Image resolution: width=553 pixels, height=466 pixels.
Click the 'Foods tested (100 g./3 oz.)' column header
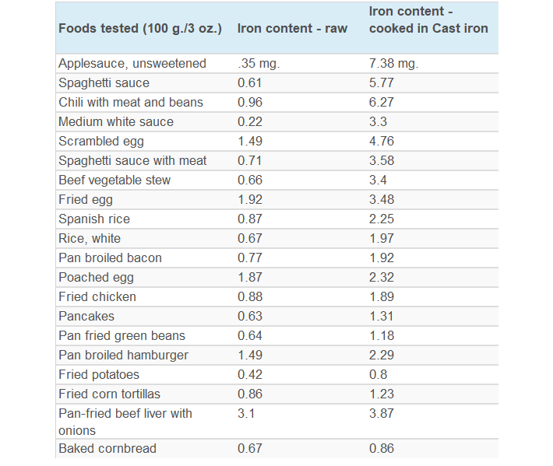[140, 29]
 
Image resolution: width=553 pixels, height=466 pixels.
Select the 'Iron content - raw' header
[292, 29]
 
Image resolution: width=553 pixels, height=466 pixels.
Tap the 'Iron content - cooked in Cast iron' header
[428, 20]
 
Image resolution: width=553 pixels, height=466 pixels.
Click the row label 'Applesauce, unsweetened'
[132, 64]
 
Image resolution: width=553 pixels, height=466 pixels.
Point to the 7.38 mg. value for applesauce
[393, 64]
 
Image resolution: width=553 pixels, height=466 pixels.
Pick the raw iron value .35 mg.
[259, 64]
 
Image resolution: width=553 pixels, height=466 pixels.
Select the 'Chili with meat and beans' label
[131, 103]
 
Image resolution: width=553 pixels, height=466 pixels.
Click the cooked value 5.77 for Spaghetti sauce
[382, 83]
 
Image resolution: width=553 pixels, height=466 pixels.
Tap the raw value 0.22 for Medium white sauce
[250, 122]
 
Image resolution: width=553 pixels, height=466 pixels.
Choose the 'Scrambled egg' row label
[101, 142]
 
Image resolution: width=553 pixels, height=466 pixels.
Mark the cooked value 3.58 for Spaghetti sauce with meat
[382, 161]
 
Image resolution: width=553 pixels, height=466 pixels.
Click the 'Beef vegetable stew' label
[114, 180]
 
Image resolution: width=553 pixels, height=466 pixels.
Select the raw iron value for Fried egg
[250, 200]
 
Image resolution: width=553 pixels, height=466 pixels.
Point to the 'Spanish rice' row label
[94, 219]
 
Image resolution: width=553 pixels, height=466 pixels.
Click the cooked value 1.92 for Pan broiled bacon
[382, 258]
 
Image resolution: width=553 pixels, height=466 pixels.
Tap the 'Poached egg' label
[96, 278]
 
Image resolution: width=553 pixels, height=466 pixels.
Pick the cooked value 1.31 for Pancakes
[382, 317]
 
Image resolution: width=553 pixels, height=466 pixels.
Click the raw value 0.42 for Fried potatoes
[250, 375]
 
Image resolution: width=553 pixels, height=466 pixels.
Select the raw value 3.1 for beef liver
[246, 414]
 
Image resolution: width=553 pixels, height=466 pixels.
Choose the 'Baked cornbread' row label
[107, 449]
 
